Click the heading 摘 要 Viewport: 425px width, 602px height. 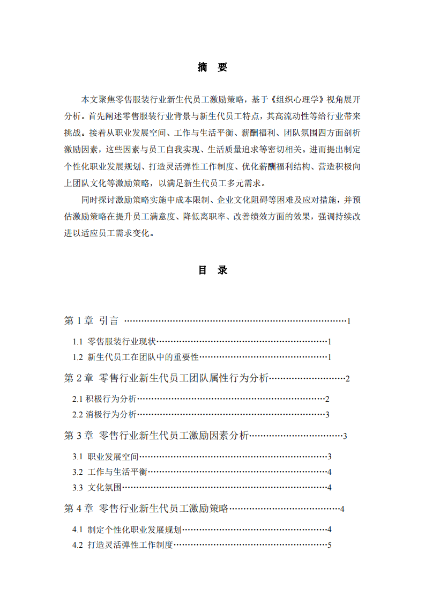pyautogui.click(x=212, y=67)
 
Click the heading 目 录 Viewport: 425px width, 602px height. pyautogui.click(x=212, y=270)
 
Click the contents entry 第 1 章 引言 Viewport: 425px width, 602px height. pyautogui.click(x=91, y=321)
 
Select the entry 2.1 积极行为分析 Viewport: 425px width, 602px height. pyautogui.click(x=105, y=399)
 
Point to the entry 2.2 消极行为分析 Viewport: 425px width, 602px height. pyautogui.click(x=105, y=415)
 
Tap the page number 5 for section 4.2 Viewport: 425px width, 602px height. pyautogui.click(x=330, y=546)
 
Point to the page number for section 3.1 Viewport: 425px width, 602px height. pyautogui.click(x=330, y=457)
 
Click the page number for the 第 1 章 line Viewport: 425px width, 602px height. pyautogui.click(x=348, y=321)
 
